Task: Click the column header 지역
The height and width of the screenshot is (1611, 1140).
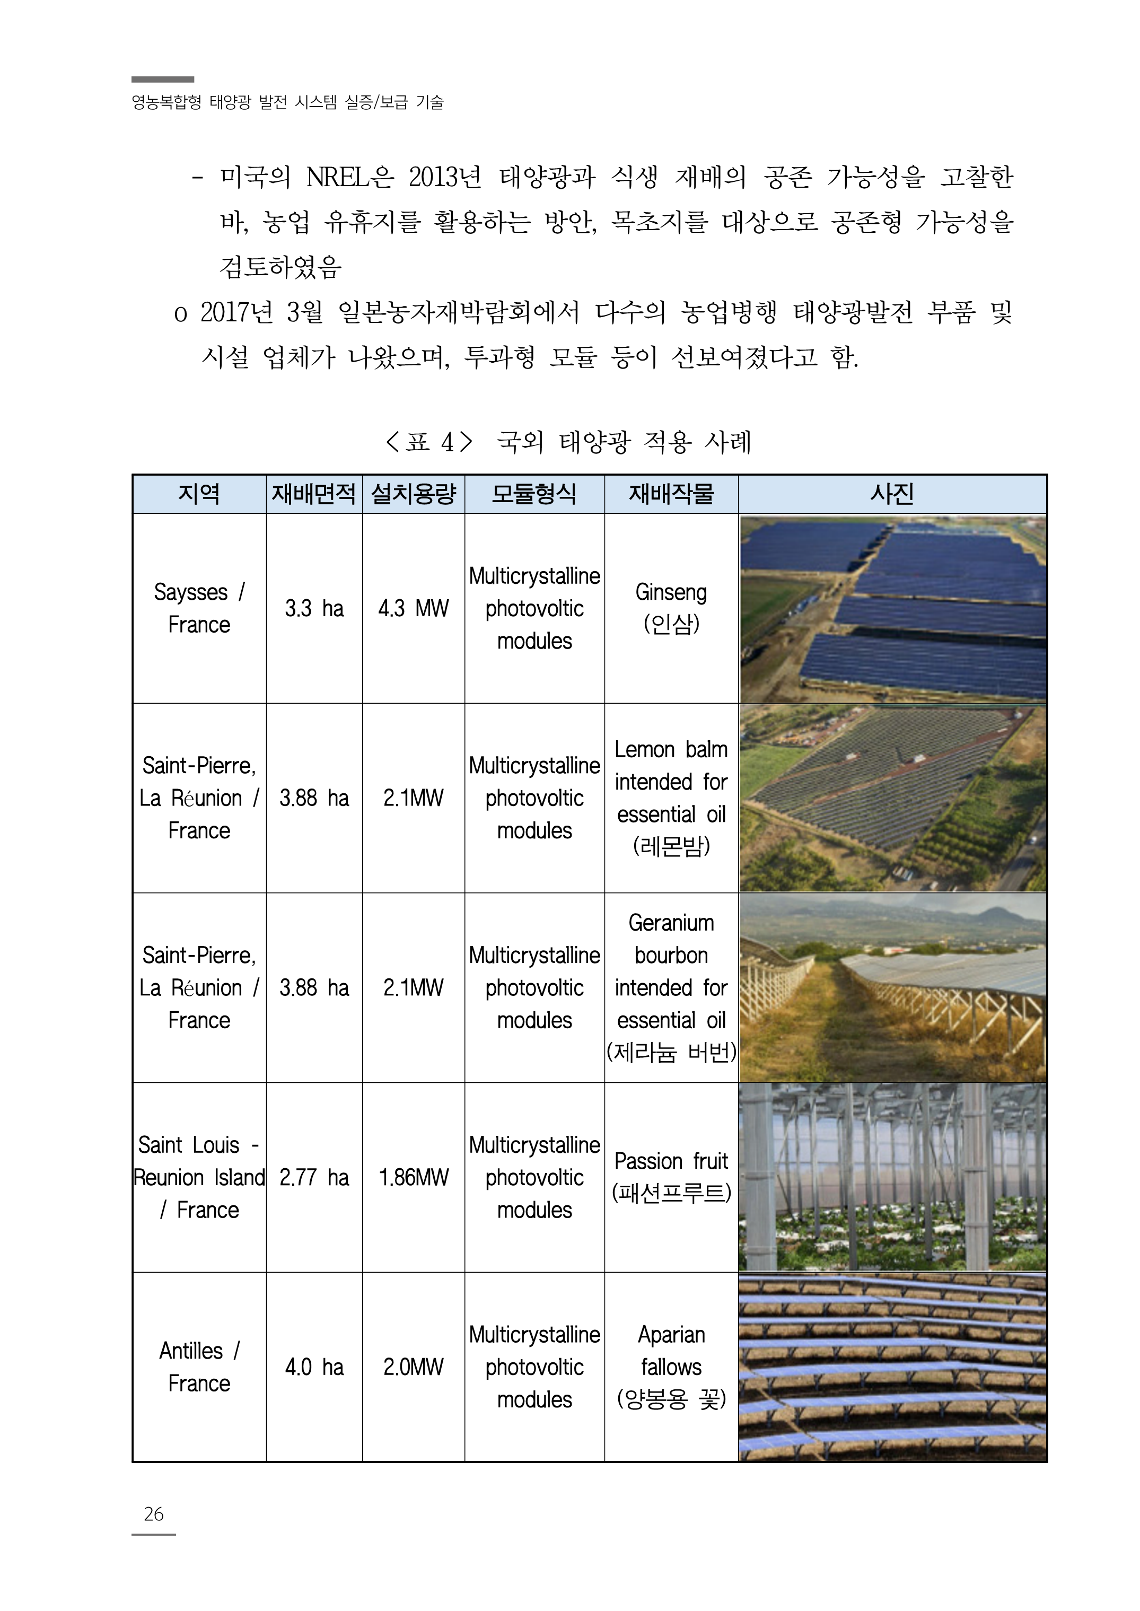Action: (199, 494)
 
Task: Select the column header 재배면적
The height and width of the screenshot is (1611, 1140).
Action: (314, 494)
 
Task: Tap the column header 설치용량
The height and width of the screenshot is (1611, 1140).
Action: (414, 494)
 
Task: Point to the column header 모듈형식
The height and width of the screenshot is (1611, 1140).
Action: (534, 494)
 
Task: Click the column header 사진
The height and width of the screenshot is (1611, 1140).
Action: (892, 494)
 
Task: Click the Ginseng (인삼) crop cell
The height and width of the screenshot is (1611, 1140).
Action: (671, 608)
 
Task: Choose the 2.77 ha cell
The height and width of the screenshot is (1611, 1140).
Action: (314, 1177)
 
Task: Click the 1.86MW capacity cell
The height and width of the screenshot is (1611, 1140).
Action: (414, 1177)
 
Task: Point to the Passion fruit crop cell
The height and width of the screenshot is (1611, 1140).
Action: (671, 1177)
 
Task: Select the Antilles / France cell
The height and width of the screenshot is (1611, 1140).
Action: (199, 1367)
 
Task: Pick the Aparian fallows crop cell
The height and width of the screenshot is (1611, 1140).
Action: (671, 1367)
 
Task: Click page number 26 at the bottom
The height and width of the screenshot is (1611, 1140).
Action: (153, 1514)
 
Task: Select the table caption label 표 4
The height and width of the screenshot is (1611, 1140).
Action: (429, 442)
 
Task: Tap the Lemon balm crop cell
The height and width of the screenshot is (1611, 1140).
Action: (671, 798)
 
